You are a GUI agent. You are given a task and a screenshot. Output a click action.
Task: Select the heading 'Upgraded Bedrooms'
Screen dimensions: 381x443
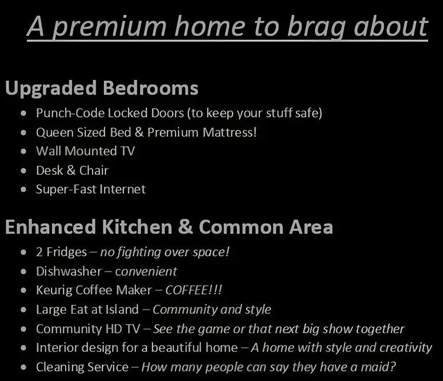pyautogui.click(x=102, y=89)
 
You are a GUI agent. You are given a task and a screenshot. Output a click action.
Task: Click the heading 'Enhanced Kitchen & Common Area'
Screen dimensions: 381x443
pyautogui.click(x=168, y=227)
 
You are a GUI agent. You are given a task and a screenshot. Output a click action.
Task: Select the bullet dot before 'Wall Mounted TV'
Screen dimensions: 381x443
pyautogui.click(x=23, y=151)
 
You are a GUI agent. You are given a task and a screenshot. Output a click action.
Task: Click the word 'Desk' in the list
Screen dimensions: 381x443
pyautogui.click(x=49, y=170)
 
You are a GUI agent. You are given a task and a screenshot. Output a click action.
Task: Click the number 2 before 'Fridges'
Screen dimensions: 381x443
pyautogui.click(x=40, y=252)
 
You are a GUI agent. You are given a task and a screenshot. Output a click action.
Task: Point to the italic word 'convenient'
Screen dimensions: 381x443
pyautogui.click(x=146, y=272)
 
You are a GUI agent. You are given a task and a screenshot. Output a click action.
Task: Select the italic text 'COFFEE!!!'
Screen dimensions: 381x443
pyautogui.click(x=194, y=291)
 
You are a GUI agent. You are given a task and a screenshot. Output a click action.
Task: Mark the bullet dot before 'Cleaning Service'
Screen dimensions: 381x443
pyautogui.click(x=23, y=367)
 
